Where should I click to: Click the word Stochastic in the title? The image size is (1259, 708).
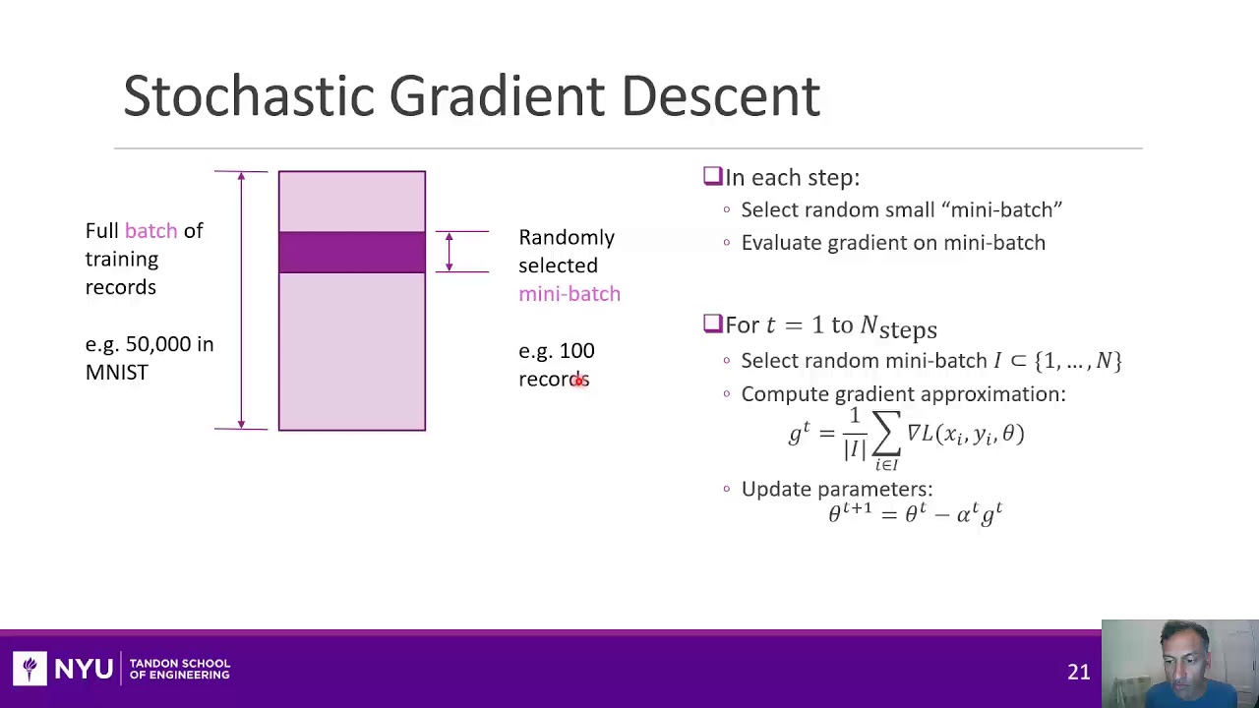tap(249, 96)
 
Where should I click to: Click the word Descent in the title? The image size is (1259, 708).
tap(720, 96)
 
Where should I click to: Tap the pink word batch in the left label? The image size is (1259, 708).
tap(150, 230)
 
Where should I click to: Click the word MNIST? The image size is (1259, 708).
tap(116, 373)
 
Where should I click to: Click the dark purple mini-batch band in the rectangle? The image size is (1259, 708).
tap(351, 252)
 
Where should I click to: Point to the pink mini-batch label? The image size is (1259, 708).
tap(569, 294)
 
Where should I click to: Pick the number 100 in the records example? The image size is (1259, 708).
tap(576, 351)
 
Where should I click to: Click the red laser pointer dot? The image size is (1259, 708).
tap(580, 381)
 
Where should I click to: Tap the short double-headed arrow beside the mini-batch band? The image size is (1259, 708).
tap(450, 252)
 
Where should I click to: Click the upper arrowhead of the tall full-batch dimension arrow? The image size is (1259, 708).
tap(241, 177)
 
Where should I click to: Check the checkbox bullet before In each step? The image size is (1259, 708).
tap(712, 176)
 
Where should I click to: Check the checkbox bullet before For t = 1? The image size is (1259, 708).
tap(712, 324)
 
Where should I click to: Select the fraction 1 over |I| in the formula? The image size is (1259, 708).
tap(854, 434)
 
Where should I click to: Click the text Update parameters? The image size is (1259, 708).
tap(836, 489)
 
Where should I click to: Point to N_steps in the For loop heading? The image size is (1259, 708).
tap(898, 327)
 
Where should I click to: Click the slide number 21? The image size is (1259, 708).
tap(1078, 672)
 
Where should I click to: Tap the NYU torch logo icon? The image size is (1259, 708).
tap(30, 669)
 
